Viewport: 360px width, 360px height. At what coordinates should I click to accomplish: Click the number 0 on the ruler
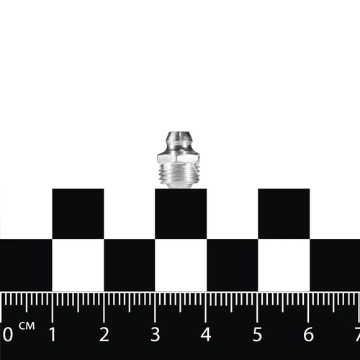8,334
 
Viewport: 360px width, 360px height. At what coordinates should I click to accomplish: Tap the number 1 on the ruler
53,334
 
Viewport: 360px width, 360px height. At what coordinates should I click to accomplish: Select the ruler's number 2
104,334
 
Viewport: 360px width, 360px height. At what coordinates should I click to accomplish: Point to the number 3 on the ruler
156,334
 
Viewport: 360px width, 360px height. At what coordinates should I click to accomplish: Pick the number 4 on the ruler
206,334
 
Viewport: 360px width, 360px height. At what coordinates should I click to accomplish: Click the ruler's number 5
257,334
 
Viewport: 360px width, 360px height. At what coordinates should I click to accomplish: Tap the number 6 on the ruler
308,334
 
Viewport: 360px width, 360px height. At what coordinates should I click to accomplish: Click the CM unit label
27,326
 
